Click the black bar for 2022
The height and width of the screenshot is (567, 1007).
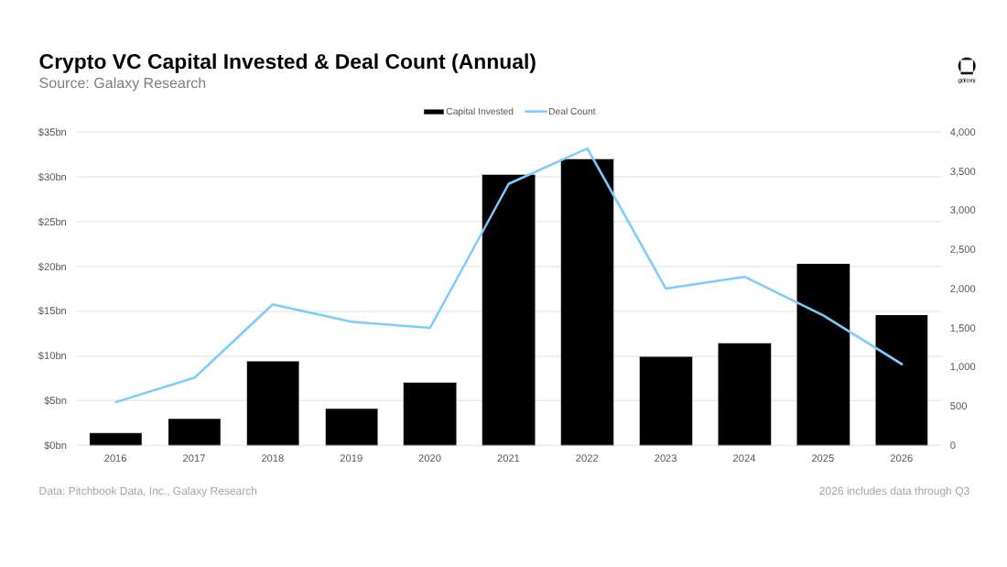click(x=587, y=302)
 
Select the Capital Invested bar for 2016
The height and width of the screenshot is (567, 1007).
click(x=115, y=439)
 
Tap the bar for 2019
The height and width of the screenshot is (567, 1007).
click(x=352, y=427)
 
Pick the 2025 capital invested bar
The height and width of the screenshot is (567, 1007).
click(x=823, y=354)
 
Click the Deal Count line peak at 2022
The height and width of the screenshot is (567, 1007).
click(x=588, y=149)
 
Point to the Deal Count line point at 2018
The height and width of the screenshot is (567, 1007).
click(x=272, y=304)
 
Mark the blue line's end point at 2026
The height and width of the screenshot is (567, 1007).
click(x=902, y=364)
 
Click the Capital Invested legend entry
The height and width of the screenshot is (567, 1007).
click(x=469, y=111)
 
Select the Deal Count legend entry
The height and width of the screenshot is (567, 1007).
click(x=560, y=111)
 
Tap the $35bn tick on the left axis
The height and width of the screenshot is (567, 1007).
click(x=52, y=132)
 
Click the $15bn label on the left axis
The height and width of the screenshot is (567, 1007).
click(x=52, y=311)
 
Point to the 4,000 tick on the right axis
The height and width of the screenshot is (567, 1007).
click(x=962, y=132)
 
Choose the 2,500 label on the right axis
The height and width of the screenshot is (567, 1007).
click(x=962, y=249)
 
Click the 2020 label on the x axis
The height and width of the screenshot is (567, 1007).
click(x=429, y=458)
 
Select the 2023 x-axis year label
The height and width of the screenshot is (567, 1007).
click(x=666, y=458)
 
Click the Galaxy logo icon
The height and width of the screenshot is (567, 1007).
click(x=967, y=70)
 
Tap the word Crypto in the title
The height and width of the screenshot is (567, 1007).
click(x=72, y=62)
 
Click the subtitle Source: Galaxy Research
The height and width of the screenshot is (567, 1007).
click(x=123, y=83)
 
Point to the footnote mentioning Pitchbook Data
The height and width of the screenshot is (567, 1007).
click(x=147, y=491)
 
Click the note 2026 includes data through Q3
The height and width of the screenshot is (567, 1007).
click(x=894, y=491)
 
